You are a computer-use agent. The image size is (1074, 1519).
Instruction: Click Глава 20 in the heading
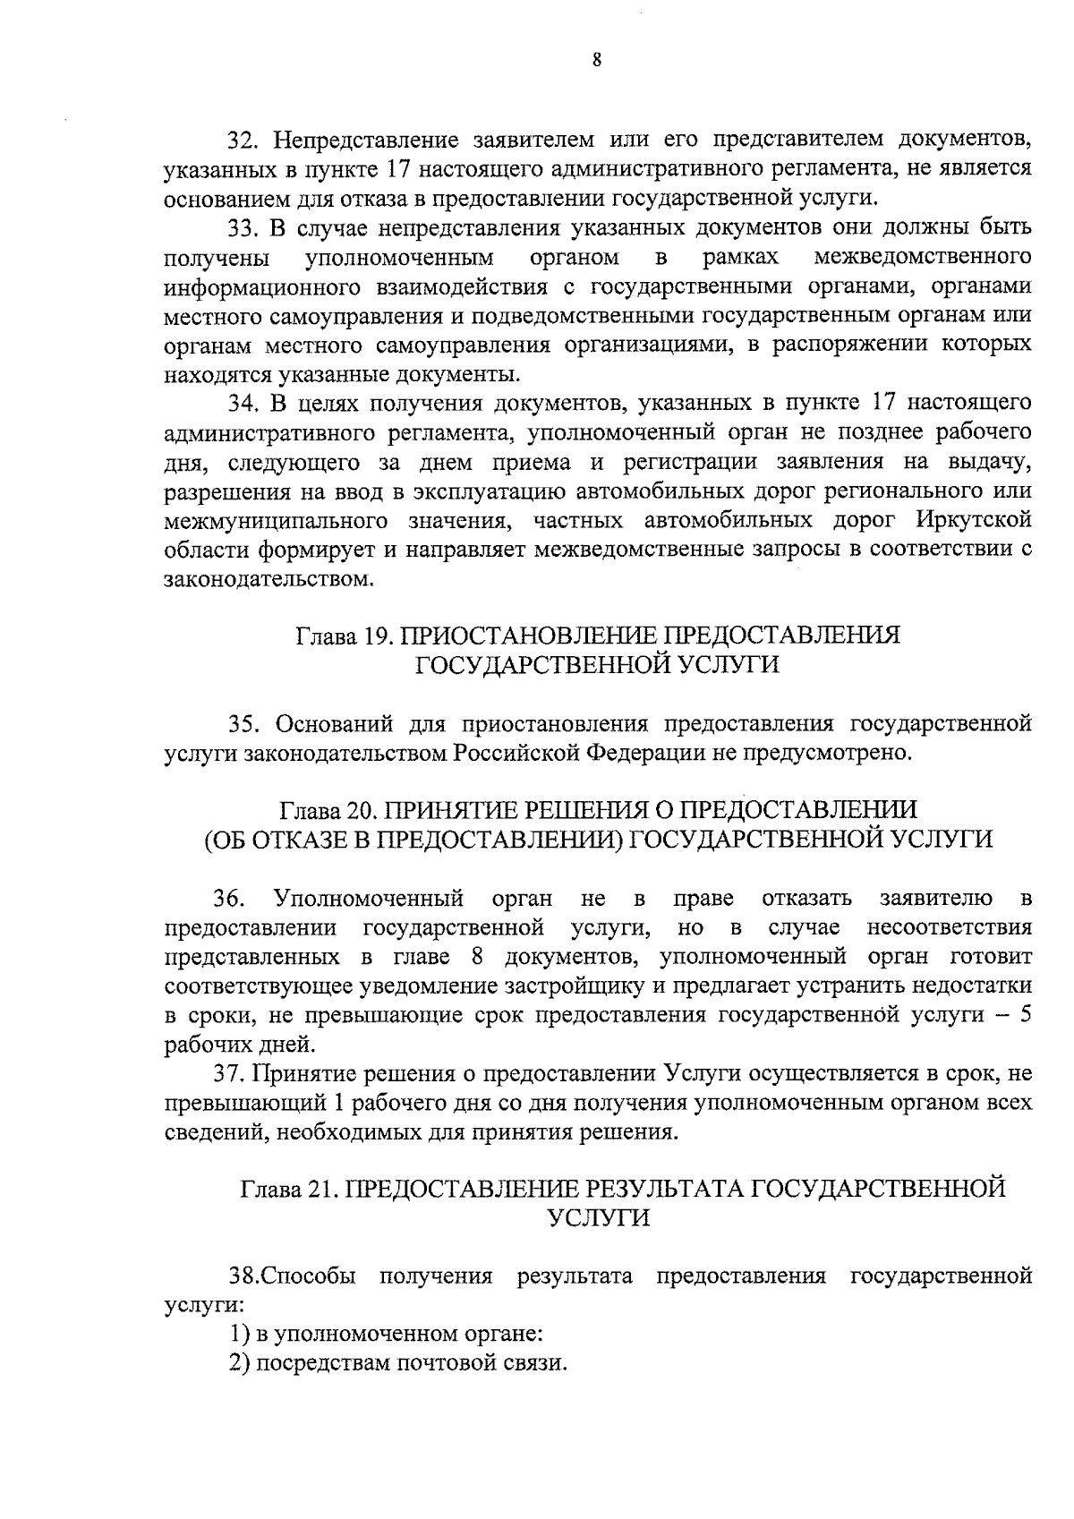tap(326, 810)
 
